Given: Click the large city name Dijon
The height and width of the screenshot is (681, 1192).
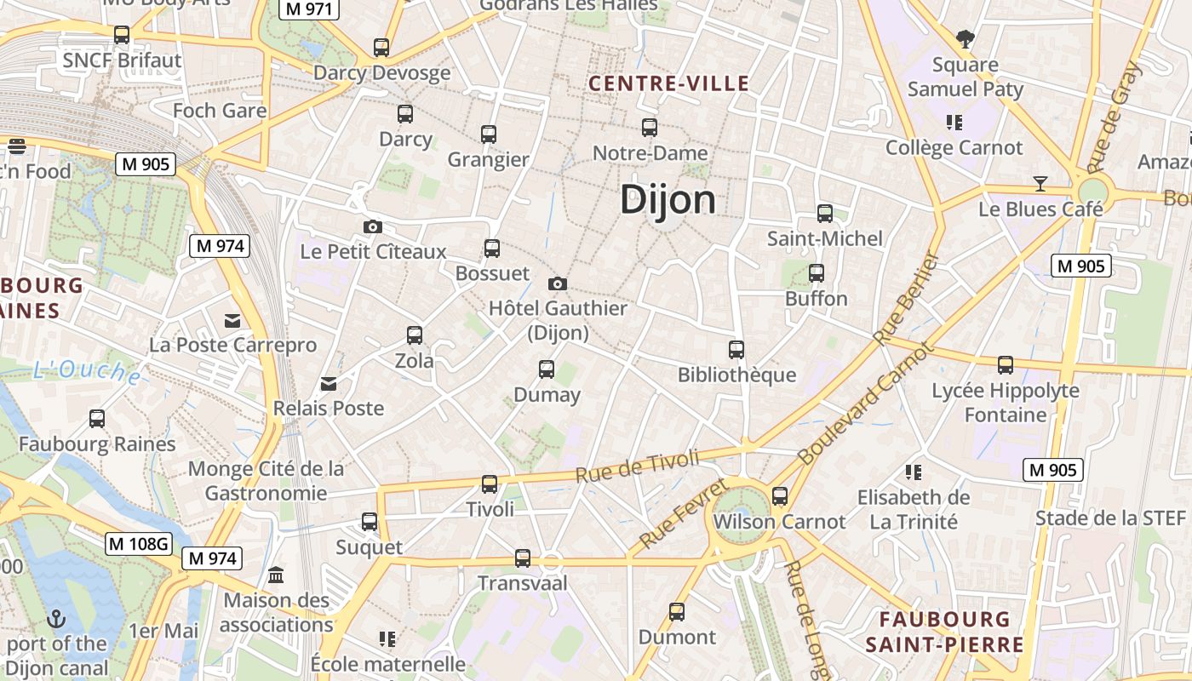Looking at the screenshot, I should tap(668, 200).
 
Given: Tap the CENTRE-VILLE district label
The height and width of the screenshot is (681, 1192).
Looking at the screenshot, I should tap(669, 83).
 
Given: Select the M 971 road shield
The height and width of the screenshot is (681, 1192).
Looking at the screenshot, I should tap(309, 9).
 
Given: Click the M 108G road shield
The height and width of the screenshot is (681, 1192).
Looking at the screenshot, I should tap(139, 543).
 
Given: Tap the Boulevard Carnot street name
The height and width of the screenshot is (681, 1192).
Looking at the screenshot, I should tap(866, 403).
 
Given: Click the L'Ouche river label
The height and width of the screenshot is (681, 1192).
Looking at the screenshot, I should tap(87, 371).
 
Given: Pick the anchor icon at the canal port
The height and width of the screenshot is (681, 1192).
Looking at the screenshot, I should tap(56, 619).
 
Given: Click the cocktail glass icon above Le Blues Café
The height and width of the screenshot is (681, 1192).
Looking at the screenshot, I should tap(1040, 183).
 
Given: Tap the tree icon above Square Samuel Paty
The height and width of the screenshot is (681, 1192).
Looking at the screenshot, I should tap(965, 38).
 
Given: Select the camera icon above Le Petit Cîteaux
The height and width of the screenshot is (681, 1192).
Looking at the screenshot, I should tap(372, 226).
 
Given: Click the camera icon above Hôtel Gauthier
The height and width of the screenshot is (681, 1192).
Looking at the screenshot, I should tap(558, 283).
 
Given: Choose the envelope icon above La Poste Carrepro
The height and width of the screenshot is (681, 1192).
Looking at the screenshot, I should tap(232, 320).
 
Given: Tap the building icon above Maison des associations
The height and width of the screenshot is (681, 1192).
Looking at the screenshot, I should tap(276, 575).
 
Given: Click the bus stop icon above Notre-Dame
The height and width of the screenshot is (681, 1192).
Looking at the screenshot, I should tap(650, 128).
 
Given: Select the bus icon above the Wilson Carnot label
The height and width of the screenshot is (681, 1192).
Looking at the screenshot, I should tap(779, 496).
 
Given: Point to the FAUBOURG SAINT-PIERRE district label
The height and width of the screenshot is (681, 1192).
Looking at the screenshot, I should tap(945, 632).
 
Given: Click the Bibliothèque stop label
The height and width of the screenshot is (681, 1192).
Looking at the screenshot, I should tap(736, 375).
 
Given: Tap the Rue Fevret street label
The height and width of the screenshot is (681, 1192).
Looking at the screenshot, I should tap(684, 513).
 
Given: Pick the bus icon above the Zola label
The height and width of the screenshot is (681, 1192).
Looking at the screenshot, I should tap(414, 335).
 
